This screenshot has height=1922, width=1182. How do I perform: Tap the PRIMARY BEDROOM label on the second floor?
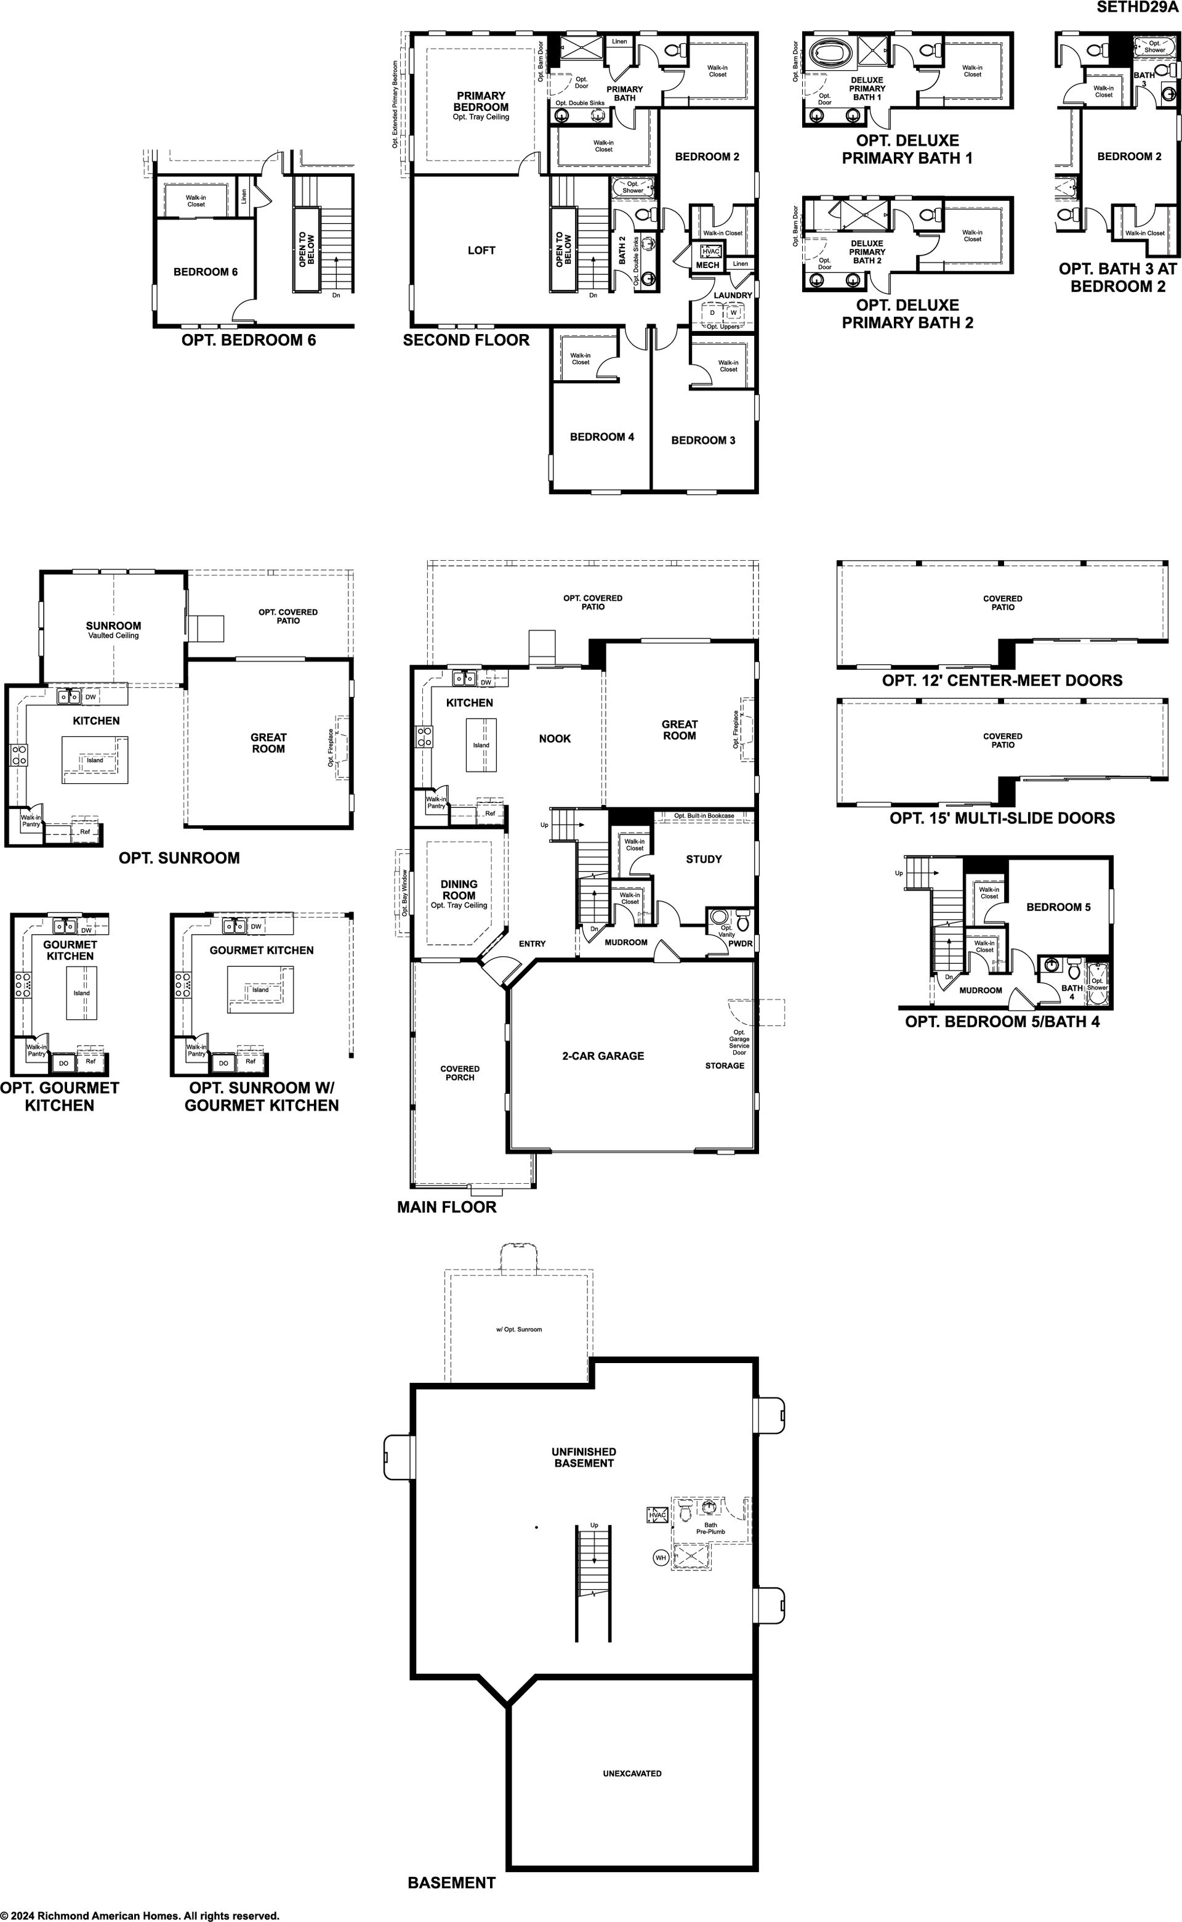coord(481,102)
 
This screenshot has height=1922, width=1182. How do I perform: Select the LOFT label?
coord(481,250)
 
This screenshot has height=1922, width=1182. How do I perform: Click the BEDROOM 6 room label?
coord(206,272)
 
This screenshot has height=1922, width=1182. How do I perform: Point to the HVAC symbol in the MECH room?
coord(710,251)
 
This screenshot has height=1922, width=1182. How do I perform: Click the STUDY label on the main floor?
coord(704,859)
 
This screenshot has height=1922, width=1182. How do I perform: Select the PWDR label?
coord(741,943)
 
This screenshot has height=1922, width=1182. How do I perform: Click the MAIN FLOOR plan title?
coord(446,1207)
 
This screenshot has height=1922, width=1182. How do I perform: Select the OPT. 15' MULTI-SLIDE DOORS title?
coord(1002,818)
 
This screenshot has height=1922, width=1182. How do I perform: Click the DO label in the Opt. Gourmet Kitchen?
coord(63,1063)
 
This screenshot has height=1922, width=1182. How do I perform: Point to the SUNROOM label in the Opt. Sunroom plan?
coord(113,626)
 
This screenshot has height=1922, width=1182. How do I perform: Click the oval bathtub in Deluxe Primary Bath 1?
coord(832,54)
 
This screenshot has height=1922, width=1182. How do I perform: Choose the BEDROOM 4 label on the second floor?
coord(602,436)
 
